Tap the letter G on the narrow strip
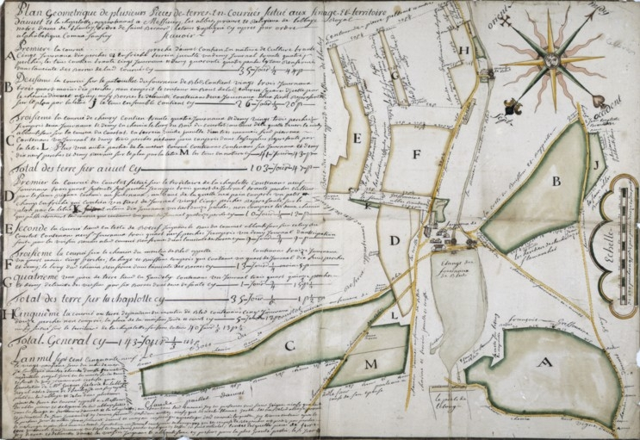(x=395, y=76)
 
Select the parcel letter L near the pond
(x=395, y=314)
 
